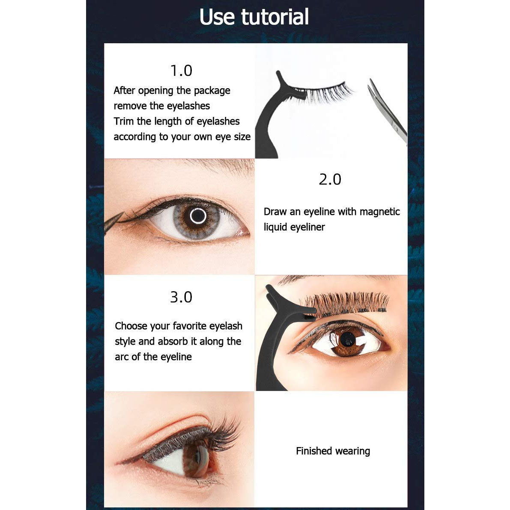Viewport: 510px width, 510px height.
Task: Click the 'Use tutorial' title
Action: pos(254,17)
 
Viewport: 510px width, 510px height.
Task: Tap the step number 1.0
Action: pos(181,71)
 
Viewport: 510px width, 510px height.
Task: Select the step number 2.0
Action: pos(330,179)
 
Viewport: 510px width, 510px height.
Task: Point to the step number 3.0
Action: pos(181,297)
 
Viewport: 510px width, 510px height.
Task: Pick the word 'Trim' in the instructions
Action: pos(124,121)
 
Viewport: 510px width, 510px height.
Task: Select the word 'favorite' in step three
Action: pos(189,325)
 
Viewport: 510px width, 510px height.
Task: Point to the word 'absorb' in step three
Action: pos(173,341)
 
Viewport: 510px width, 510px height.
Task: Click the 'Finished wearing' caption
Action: pos(333,451)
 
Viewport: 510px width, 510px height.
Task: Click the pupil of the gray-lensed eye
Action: pos(198,216)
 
